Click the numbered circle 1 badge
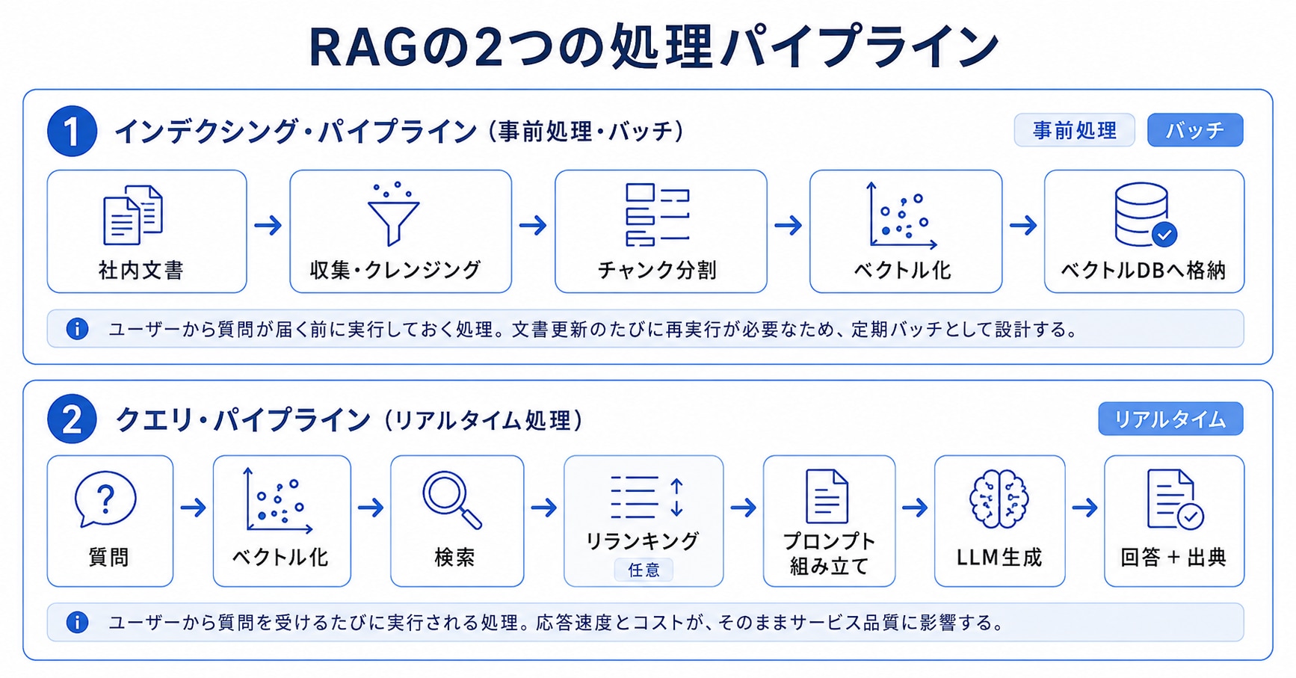pyautogui.click(x=72, y=132)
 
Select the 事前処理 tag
pyautogui.click(x=1074, y=130)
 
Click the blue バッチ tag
pyautogui.click(x=1195, y=130)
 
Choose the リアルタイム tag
pyautogui.click(x=1170, y=419)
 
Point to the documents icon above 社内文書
pyautogui.click(x=133, y=215)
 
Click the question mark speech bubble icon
pyautogui.click(x=105, y=499)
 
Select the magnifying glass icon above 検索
pyautogui.click(x=452, y=499)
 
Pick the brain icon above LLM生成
pyautogui.click(x=999, y=499)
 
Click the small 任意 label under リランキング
pyautogui.click(x=644, y=570)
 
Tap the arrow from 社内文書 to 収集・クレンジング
pyautogui.click(x=268, y=225)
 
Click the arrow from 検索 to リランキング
pyautogui.click(x=544, y=508)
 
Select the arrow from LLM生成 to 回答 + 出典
pyautogui.click(x=1084, y=508)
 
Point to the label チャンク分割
pyautogui.click(x=658, y=270)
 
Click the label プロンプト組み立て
pyautogui.click(x=829, y=553)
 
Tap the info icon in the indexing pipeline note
pyautogui.click(x=77, y=329)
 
